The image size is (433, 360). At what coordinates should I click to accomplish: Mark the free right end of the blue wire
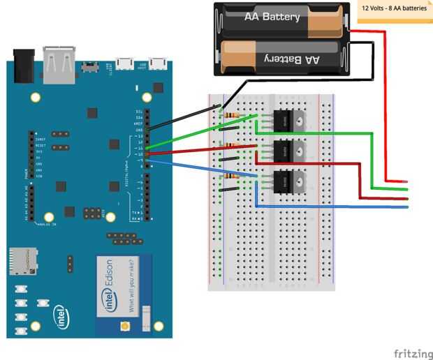[x=406, y=207]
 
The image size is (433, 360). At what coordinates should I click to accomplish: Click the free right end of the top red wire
[x=406, y=182]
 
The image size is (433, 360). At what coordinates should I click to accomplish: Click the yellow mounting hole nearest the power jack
[x=33, y=97]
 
